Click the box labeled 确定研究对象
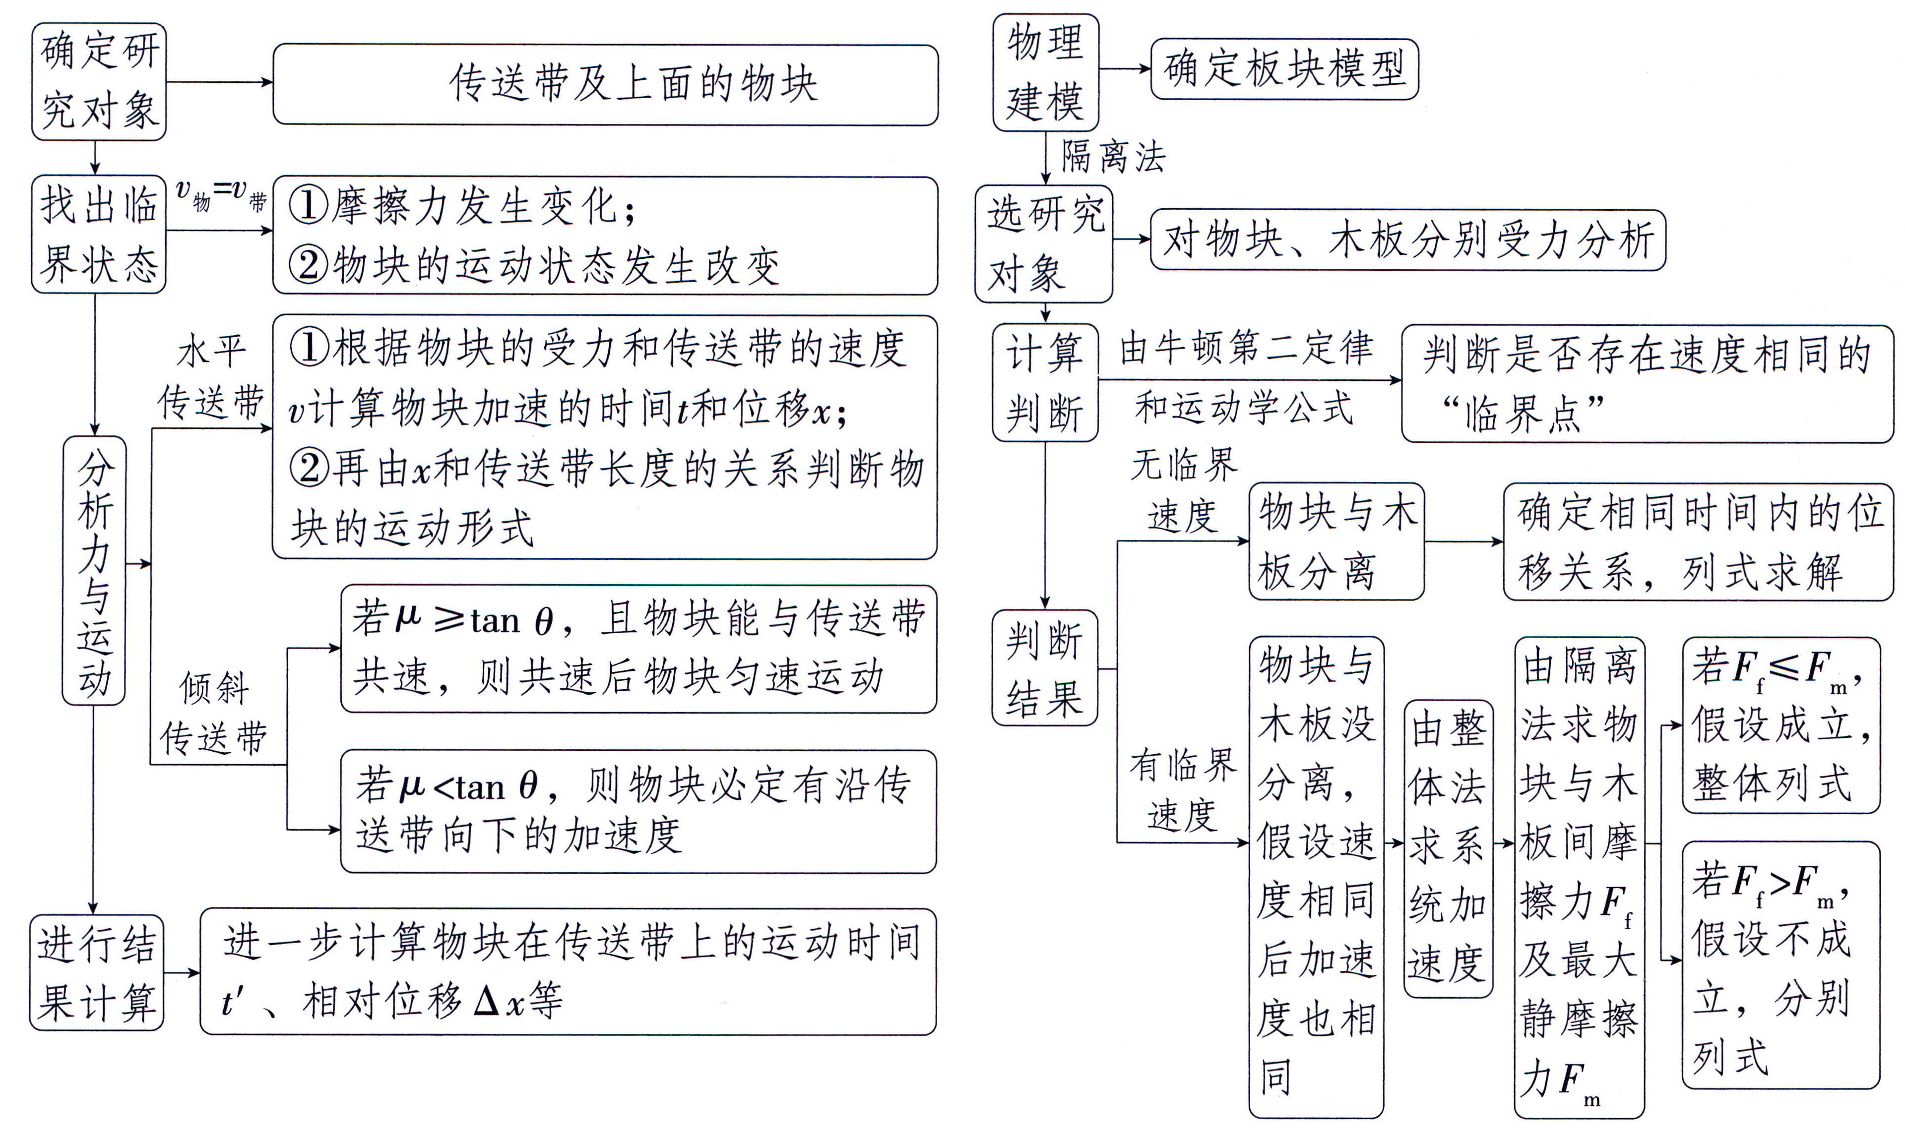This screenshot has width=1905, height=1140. (98, 81)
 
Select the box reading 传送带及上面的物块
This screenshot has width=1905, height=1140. (606, 84)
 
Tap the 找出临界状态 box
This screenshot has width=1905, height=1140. (98, 235)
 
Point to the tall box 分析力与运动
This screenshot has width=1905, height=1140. (94, 570)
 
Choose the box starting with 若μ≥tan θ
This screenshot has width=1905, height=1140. (638, 649)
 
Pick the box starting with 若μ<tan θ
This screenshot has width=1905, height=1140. (638, 811)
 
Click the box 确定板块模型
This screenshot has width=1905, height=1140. (1284, 69)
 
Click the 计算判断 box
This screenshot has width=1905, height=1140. (1045, 382)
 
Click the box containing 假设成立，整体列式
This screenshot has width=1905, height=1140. (1780, 725)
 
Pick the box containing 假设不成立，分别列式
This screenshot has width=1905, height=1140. (1780, 965)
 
